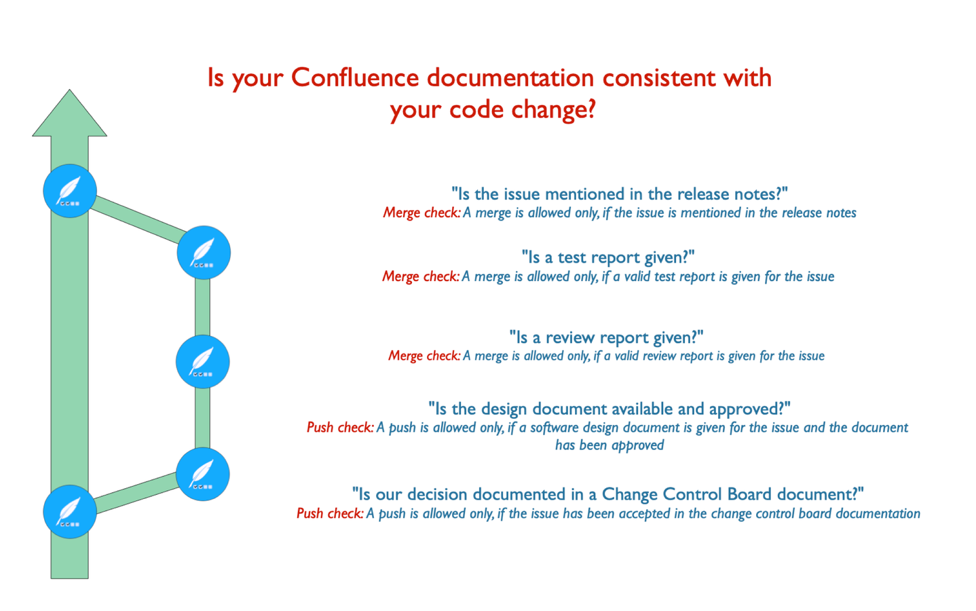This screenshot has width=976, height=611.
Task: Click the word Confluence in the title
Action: (355, 78)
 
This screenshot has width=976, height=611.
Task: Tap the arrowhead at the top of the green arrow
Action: (69, 113)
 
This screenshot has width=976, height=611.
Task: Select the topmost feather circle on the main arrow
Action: (70, 191)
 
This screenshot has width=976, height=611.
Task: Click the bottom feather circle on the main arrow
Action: (70, 512)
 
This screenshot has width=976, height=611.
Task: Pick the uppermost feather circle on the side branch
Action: (204, 253)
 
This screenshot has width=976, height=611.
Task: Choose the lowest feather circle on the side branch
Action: (203, 474)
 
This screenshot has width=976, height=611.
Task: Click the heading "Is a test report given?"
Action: (608, 257)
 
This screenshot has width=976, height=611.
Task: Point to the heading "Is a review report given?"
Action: (607, 337)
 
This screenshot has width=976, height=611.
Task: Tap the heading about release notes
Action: (620, 194)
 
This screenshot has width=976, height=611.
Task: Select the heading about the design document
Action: (609, 409)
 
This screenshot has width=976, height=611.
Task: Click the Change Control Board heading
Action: (608, 494)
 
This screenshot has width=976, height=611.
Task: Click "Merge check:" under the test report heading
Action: (421, 276)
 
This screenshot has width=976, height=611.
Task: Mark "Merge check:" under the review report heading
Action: (424, 356)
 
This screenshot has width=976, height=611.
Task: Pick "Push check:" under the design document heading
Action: (340, 427)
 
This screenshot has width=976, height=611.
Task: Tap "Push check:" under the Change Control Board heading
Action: (330, 513)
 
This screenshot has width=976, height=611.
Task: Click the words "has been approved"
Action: (609, 445)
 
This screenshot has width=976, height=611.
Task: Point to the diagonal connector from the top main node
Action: (138, 220)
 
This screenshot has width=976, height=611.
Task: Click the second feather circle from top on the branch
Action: (203, 362)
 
